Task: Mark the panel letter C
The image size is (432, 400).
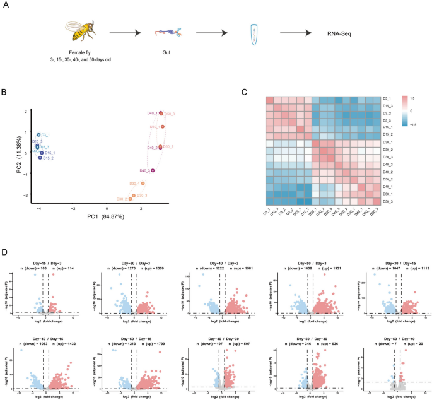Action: tap(244, 91)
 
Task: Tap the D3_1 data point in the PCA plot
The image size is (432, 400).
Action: tap(38, 135)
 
